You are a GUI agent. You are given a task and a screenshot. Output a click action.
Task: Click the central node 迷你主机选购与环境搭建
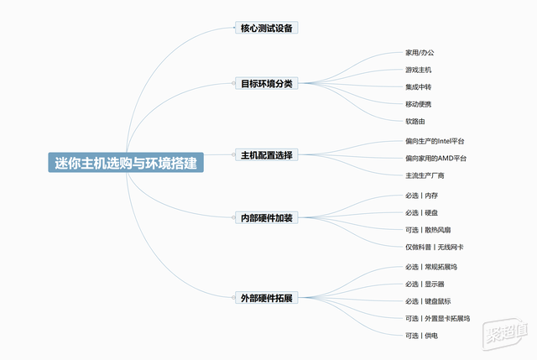(x=126, y=163)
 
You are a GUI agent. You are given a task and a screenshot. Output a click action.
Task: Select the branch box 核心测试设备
(x=267, y=28)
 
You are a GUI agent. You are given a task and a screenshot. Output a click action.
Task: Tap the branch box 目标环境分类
(x=267, y=83)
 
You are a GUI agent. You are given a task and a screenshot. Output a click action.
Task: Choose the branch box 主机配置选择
(x=267, y=154)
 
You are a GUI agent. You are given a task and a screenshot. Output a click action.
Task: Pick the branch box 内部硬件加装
(x=267, y=217)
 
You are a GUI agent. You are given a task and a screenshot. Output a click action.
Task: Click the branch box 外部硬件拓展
(x=267, y=298)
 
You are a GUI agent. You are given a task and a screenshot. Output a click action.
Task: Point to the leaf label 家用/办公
(x=420, y=52)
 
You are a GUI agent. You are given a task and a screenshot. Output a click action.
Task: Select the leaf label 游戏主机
(x=418, y=70)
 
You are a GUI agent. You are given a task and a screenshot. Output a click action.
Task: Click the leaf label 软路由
(x=415, y=121)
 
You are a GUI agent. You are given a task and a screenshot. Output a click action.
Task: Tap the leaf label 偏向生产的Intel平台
(x=435, y=141)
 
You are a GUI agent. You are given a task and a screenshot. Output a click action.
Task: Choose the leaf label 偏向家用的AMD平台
(x=435, y=159)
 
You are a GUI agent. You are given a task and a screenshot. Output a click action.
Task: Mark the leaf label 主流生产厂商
(x=425, y=175)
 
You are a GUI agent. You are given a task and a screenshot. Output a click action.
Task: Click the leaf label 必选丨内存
(x=421, y=196)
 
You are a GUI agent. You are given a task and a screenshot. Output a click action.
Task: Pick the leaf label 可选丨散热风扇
(x=428, y=230)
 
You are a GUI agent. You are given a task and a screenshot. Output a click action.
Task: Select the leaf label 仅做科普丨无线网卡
(x=435, y=247)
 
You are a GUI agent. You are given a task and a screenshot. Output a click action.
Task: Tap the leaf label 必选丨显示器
(x=425, y=284)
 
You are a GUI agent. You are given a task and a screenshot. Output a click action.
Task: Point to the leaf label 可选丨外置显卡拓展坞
(x=437, y=319)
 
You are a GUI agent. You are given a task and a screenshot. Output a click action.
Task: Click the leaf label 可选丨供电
(x=421, y=336)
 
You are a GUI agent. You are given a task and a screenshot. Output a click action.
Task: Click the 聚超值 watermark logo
(x=504, y=333)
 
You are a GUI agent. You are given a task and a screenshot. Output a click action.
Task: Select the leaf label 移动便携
(x=418, y=104)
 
